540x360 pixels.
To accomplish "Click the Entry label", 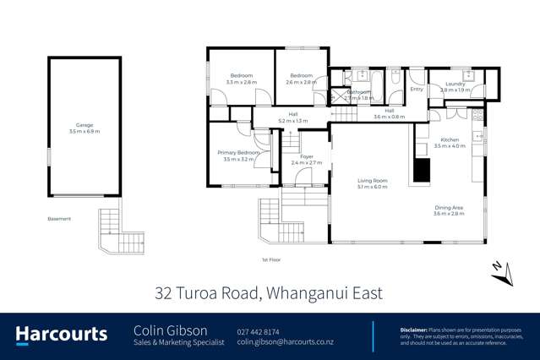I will (x=416, y=89).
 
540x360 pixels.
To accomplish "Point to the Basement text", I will (x=59, y=219).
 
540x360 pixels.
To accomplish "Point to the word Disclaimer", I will (x=416, y=329).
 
